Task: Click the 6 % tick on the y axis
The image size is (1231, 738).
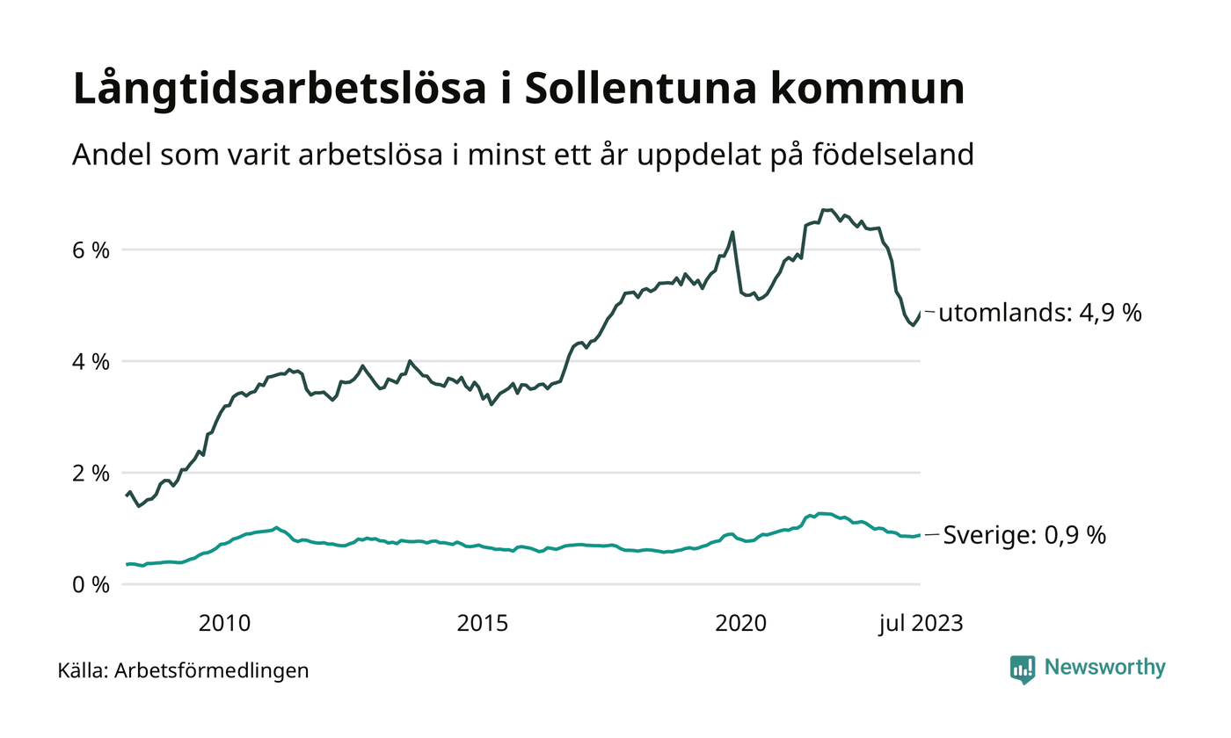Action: (90, 250)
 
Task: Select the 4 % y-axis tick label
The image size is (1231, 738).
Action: (90, 361)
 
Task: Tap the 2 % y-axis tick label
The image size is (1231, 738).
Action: (90, 473)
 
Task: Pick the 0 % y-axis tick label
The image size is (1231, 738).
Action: (90, 584)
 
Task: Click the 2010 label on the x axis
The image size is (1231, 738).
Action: (224, 624)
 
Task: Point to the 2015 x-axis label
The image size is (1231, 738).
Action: (483, 624)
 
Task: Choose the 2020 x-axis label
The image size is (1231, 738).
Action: (741, 624)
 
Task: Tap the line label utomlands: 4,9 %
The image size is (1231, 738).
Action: (1039, 313)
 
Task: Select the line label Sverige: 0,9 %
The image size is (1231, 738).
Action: (1024, 534)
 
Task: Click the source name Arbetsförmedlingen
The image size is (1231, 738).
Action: (211, 671)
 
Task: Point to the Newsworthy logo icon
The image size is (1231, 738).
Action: (1023, 669)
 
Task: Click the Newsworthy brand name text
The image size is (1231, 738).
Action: (1104, 668)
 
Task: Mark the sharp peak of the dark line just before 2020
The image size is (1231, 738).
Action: (732, 232)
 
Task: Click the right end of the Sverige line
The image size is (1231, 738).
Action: (920, 535)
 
